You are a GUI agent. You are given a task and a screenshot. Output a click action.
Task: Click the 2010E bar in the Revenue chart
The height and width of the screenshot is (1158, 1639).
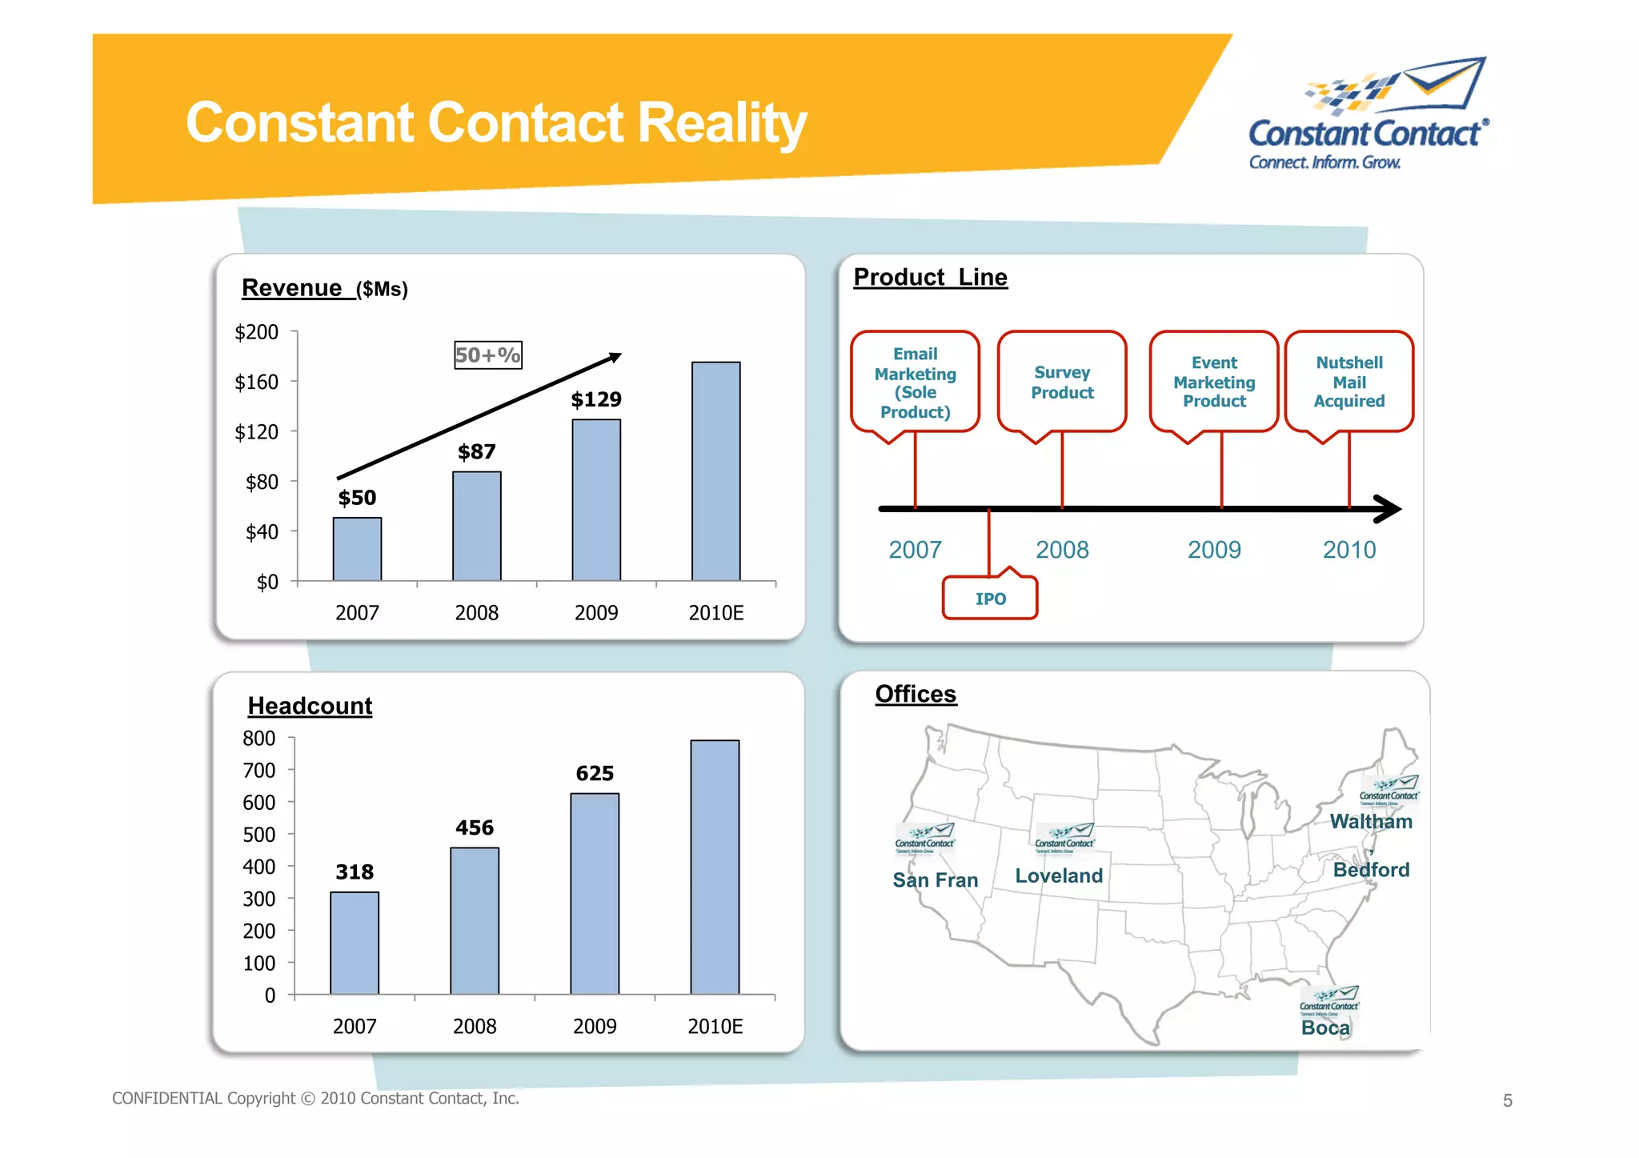click(x=715, y=471)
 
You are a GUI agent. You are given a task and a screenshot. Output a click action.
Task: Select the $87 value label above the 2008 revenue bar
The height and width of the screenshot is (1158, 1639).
click(x=476, y=452)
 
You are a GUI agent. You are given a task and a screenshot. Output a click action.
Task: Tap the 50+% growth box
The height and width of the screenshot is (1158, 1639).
click(x=488, y=355)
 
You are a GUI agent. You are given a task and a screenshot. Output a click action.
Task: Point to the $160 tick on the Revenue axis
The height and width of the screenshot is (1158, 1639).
click(x=257, y=383)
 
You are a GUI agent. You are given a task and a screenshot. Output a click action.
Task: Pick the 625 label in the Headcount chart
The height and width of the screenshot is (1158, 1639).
click(x=595, y=774)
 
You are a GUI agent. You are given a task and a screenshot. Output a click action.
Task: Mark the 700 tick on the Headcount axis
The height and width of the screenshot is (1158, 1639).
click(x=259, y=771)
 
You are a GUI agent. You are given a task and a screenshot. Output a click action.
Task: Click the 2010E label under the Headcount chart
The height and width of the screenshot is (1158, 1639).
click(x=715, y=1027)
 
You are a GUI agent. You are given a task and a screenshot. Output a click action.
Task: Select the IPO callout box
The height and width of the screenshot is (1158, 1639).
click(x=990, y=599)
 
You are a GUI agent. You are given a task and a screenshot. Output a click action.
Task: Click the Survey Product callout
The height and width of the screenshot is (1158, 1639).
click(x=1062, y=383)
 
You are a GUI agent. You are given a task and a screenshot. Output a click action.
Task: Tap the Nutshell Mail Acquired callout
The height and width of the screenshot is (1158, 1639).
click(x=1348, y=382)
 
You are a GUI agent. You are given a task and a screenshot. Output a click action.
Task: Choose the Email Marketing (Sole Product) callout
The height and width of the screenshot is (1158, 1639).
click(x=915, y=383)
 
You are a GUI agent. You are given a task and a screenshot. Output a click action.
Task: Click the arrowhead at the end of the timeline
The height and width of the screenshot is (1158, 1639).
click(x=1389, y=509)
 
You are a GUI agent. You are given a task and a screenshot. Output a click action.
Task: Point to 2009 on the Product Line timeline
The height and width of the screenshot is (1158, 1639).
click(x=1214, y=550)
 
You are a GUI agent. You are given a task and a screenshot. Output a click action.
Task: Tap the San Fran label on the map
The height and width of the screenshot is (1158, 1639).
click(x=935, y=880)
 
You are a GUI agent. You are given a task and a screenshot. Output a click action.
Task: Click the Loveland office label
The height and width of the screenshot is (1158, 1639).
click(x=1059, y=876)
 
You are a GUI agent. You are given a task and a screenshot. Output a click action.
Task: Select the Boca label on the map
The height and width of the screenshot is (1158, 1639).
click(x=1325, y=1028)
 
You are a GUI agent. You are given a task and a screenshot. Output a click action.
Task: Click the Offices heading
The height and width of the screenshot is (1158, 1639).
click(x=916, y=694)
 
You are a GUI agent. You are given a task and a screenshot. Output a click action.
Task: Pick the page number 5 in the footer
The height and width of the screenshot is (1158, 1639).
click(x=1507, y=1101)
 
